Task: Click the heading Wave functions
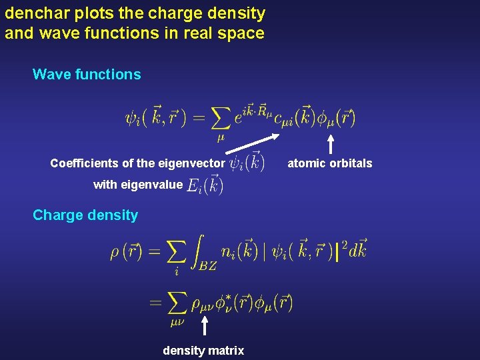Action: tap(87, 75)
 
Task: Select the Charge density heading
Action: tap(85, 215)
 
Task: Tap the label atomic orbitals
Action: tap(330, 163)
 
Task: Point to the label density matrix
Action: tap(203, 351)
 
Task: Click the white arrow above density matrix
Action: tap(205, 326)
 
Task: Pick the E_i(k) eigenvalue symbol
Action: tap(205, 185)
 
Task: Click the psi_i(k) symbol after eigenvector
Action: tap(246, 163)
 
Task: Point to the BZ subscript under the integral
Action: tap(207, 265)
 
